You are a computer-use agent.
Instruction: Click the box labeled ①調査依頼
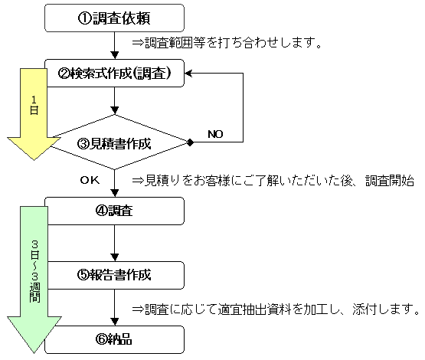pos(114,18)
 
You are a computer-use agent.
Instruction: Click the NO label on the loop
pos(215,134)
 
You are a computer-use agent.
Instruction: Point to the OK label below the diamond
pos(90,180)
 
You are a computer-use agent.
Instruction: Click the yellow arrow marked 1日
pos(34,114)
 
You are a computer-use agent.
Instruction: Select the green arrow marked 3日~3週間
pos(34,280)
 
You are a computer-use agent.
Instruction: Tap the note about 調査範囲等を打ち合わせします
pos(227,43)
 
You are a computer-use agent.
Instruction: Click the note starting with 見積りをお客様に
pos(273,181)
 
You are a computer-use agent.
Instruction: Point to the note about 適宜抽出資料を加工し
pos(276,309)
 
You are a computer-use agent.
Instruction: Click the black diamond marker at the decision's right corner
pos(190,142)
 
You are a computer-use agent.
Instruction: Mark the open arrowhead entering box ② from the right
pos(188,74)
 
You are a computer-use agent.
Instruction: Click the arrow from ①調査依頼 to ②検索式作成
pos(115,45)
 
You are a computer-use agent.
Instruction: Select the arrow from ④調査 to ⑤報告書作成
pos(115,243)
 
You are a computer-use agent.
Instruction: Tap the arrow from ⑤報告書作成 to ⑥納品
pos(115,307)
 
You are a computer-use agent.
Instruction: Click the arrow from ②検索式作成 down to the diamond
pos(115,101)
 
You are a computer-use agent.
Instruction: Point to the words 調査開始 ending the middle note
pos(390,181)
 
